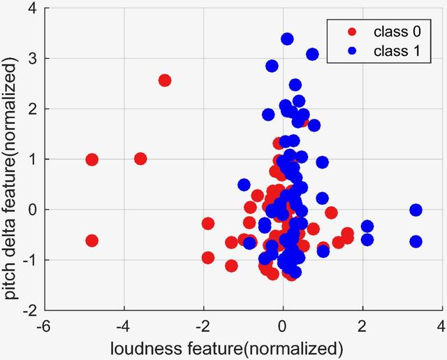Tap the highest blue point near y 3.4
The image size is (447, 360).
pyautogui.click(x=287, y=39)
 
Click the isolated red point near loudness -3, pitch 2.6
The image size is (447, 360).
pyautogui.click(x=165, y=80)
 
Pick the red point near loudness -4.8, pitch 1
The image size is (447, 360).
pyautogui.click(x=91, y=159)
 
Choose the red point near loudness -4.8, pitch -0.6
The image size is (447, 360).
pyautogui.click(x=91, y=240)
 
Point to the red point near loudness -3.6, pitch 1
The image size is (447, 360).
pyautogui.click(x=140, y=159)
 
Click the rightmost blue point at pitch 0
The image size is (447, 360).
pyautogui.click(x=416, y=210)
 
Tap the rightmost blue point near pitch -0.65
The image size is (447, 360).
pyautogui.click(x=416, y=242)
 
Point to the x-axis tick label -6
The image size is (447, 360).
pyautogui.click(x=43, y=326)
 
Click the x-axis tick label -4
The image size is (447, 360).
pyautogui.click(x=122, y=326)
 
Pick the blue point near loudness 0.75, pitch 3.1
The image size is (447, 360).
pyautogui.click(x=312, y=55)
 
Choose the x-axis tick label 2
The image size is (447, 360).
pyautogui.click(x=362, y=326)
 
